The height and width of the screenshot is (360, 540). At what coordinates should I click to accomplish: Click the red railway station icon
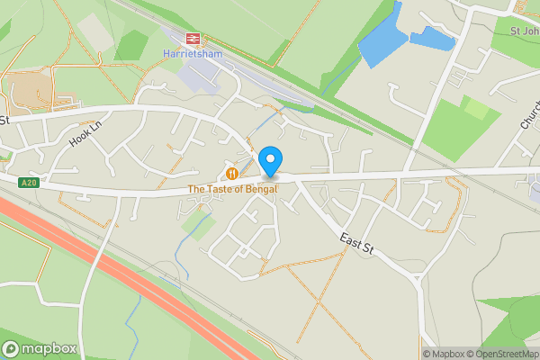click(191, 38)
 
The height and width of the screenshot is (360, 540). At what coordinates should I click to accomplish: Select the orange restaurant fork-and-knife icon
click(232, 173)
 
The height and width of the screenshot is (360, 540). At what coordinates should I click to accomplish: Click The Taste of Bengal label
click(232, 189)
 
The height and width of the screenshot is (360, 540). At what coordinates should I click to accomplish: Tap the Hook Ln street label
click(87, 135)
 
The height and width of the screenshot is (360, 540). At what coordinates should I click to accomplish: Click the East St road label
click(355, 241)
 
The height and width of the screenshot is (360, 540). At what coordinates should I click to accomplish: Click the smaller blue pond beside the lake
click(432, 38)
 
